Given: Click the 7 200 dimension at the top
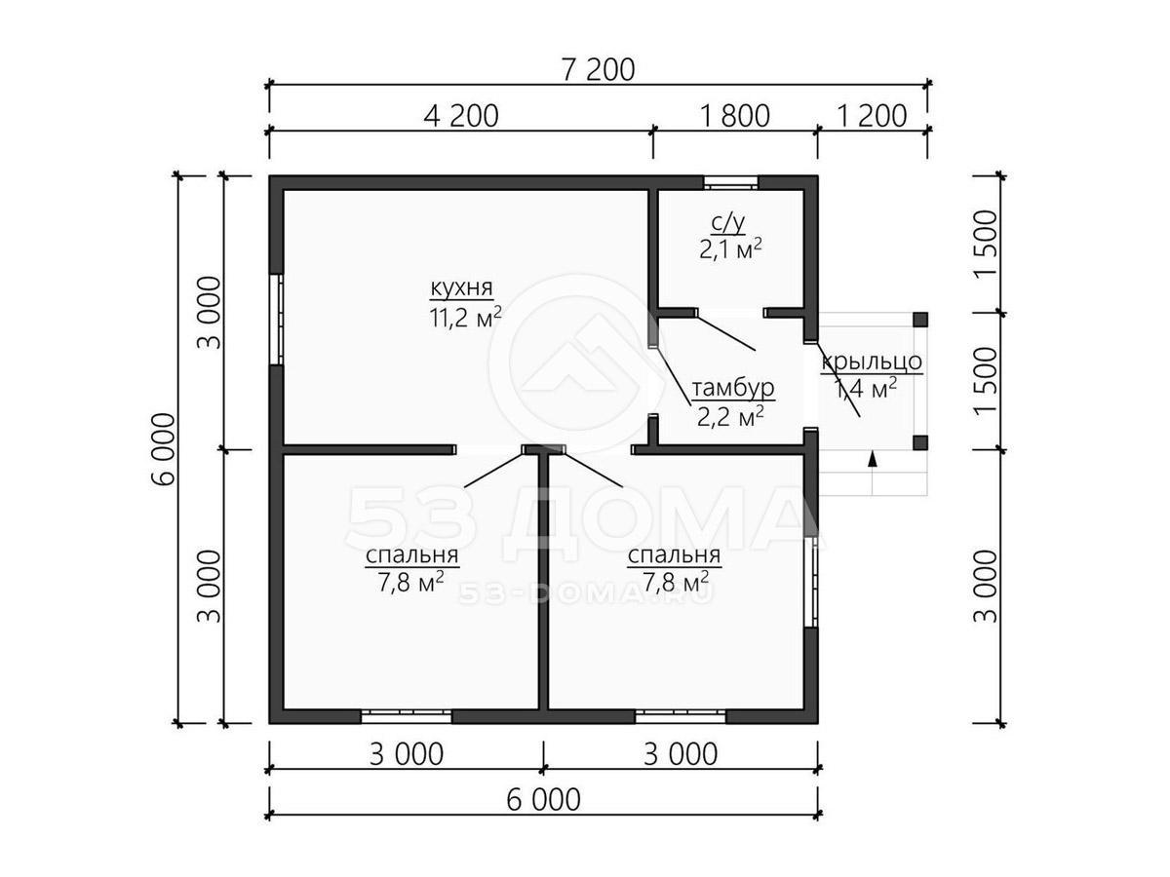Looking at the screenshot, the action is (598, 70).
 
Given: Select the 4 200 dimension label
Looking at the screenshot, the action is (461, 116).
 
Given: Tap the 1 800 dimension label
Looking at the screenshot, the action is (734, 116).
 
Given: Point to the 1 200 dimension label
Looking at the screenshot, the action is (873, 116).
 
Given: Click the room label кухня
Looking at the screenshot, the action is (461, 288).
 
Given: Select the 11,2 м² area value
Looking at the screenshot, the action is (465, 318).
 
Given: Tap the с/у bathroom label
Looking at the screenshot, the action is (728, 224).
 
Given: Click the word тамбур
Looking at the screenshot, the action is (733, 388).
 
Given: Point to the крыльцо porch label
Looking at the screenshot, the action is (872, 362).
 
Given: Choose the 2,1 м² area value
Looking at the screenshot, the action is (730, 249).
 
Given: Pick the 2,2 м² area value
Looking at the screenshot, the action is (730, 417).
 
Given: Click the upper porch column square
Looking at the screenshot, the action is (920, 320).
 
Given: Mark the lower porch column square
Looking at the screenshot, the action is (920, 442).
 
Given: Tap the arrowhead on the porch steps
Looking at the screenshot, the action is (872, 459).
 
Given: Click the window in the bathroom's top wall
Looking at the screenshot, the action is (730, 182).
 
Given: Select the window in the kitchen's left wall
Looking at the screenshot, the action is (276, 320).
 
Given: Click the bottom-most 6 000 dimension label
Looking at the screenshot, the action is (543, 800).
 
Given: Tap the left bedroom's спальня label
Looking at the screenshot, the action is (411, 555).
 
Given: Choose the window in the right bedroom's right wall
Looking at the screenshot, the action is (810, 582).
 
